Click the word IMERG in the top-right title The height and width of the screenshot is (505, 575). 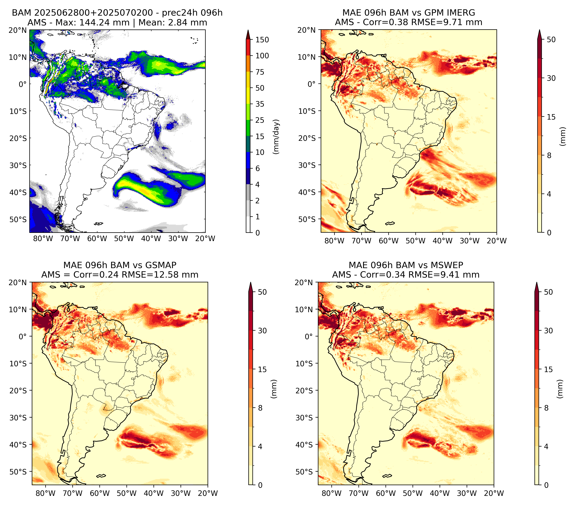click(460, 13)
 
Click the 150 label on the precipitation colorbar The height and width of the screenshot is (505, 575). click(262, 40)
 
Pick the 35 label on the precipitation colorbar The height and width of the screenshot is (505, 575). click(260, 104)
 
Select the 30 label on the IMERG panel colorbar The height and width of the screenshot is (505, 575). click(551, 78)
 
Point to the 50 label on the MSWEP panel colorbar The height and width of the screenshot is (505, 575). click(548, 292)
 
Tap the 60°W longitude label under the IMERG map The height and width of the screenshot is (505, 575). click(388, 241)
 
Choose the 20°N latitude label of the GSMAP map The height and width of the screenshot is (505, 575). click(18, 283)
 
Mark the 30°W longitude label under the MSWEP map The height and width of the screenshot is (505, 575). click(467, 493)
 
